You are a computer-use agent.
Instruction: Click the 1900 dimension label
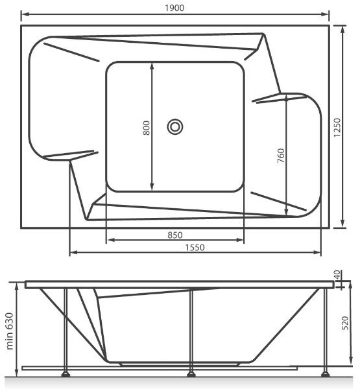coord(174,8)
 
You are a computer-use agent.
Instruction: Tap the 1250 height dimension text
coord(337,128)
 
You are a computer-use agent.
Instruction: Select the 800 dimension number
coord(147,128)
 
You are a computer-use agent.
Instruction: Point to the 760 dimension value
coord(281,156)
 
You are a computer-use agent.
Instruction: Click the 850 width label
coord(175,235)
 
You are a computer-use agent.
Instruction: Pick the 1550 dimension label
coord(195,248)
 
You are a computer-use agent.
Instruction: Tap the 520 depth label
coord(345,323)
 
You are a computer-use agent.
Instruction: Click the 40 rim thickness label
coord(338,276)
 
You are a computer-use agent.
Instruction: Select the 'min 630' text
coord(10,331)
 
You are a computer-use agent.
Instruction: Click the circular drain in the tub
coord(175,127)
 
